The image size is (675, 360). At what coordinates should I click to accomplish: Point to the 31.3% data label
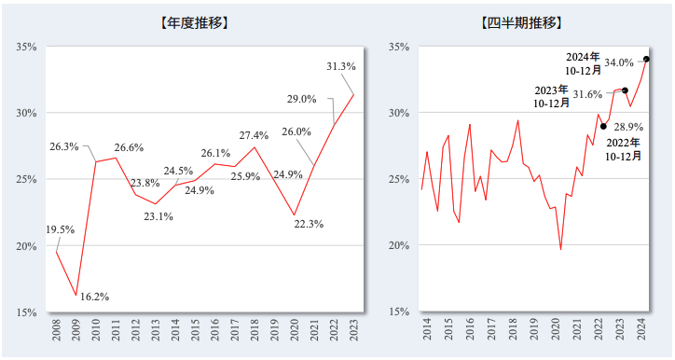(x=341, y=67)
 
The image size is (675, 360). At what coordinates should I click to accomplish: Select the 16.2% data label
(x=94, y=298)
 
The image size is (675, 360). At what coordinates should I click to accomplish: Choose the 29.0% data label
(x=301, y=99)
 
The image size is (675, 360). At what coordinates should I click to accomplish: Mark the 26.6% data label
(x=129, y=147)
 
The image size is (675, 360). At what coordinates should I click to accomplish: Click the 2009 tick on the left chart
(x=76, y=332)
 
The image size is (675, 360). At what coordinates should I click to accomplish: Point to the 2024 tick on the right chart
(x=641, y=332)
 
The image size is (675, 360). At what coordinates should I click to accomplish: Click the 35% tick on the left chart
(x=25, y=47)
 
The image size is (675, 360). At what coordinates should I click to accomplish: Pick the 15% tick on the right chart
(x=398, y=312)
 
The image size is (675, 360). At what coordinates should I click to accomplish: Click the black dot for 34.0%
(x=647, y=60)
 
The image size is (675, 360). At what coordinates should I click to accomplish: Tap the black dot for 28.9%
(x=603, y=127)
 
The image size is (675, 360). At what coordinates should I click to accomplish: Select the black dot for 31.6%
(x=625, y=90)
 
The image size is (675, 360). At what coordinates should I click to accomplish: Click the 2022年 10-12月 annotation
(x=623, y=149)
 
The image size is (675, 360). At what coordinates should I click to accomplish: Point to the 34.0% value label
(x=619, y=62)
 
